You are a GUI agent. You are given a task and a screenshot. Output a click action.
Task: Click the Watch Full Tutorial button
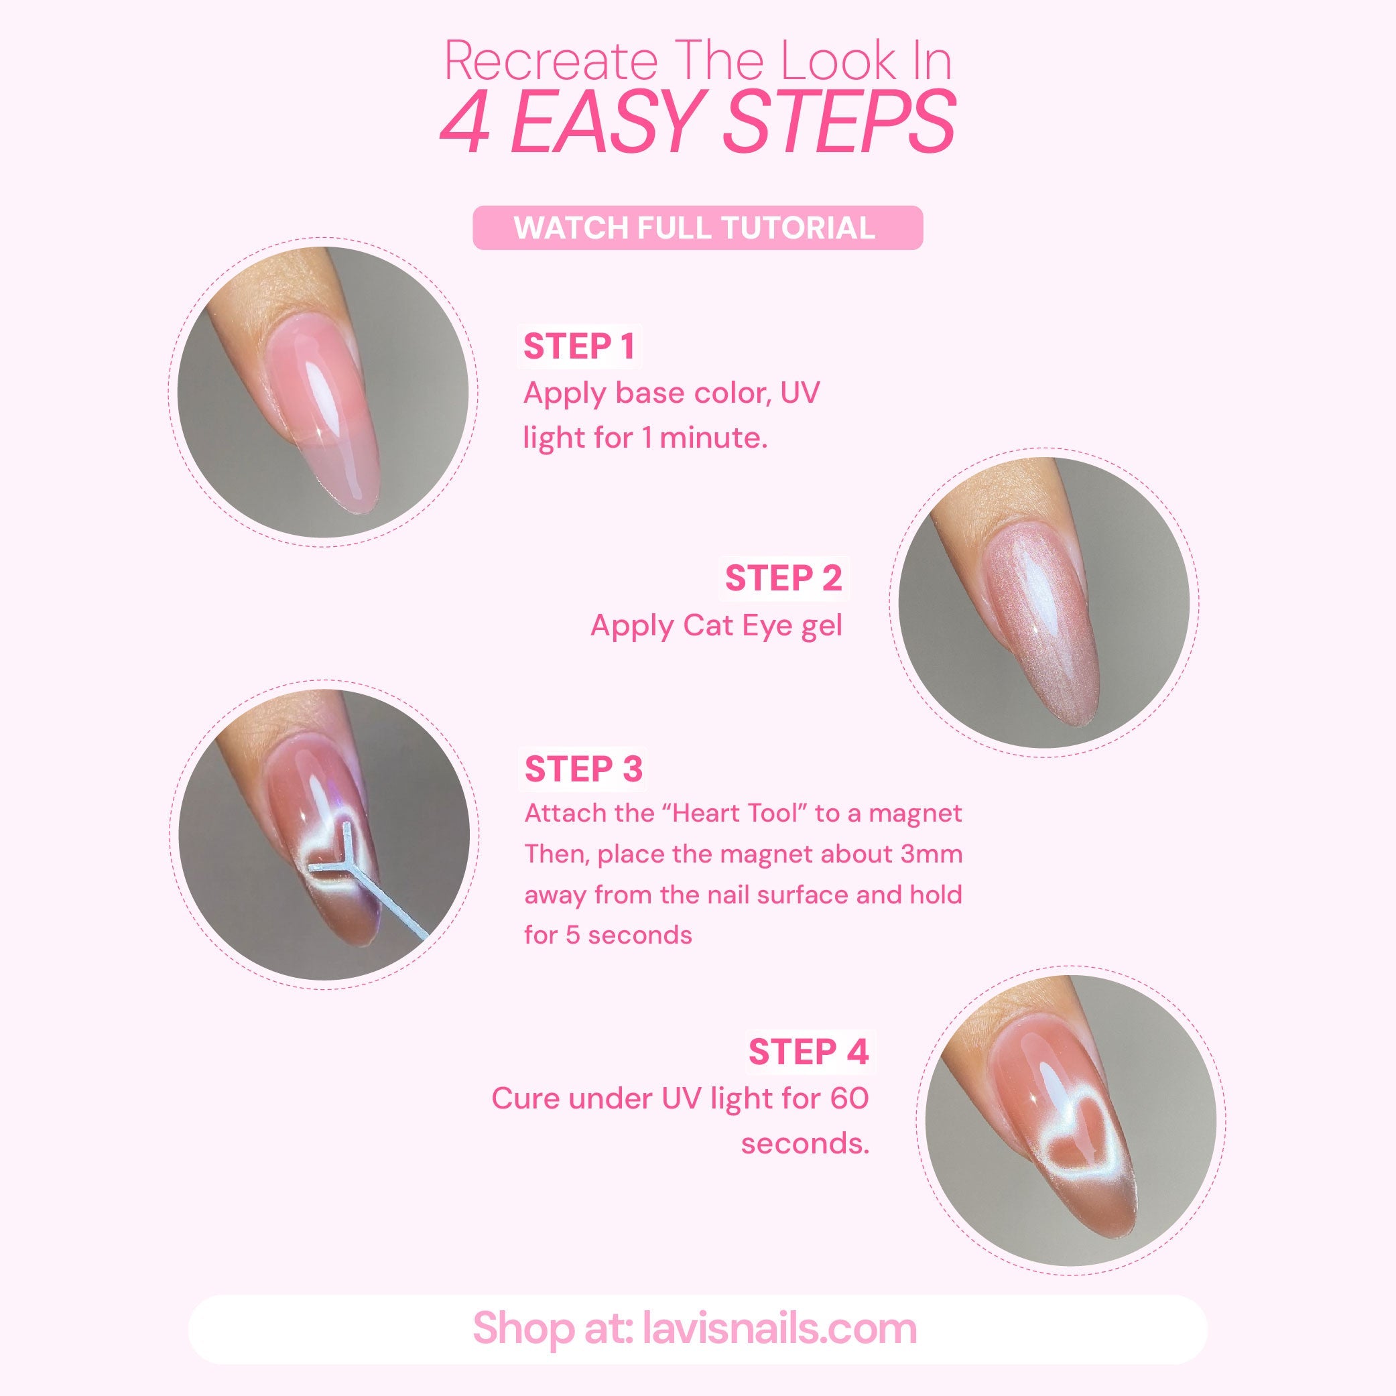[697, 229]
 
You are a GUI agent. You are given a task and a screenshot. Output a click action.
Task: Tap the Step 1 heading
[580, 347]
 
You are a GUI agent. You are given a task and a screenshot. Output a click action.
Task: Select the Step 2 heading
[783, 579]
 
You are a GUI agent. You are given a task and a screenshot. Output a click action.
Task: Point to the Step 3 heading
[583, 769]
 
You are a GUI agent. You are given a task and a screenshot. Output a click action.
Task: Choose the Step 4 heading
[808, 1052]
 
